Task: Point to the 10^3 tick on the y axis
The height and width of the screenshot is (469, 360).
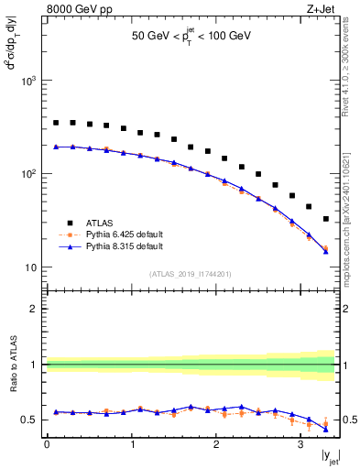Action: [29, 81]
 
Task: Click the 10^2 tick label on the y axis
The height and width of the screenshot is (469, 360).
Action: [29, 174]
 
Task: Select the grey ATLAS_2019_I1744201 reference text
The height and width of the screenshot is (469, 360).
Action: [191, 273]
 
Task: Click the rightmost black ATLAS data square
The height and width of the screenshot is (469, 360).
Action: [326, 219]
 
